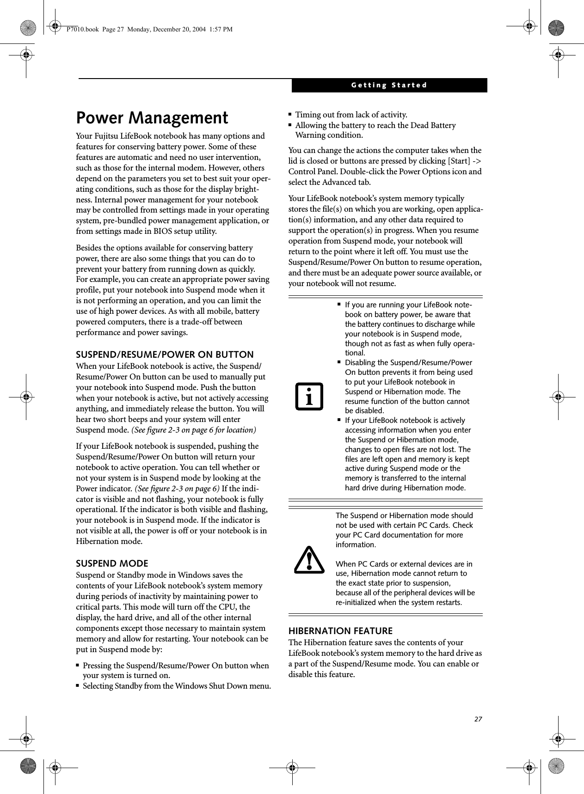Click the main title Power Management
[x=152, y=118]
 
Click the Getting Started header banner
[x=389, y=86]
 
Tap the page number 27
[x=478, y=706]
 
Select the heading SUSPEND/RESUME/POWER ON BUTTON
[x=165, y=354]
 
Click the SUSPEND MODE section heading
[x=112, y=563]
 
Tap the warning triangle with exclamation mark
[x=309, y=560]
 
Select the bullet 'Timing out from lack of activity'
[x=351, y=115]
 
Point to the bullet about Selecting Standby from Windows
[x=177, y=686]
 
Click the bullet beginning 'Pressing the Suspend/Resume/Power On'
[x=175, y=671]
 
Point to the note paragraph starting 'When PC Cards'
[x=405, y=583]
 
